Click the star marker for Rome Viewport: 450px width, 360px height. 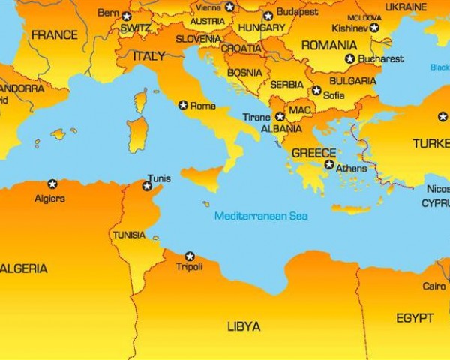pos(183,105)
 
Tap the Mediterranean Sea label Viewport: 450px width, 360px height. pos(261,216)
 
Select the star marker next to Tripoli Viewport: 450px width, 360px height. pos(190,256)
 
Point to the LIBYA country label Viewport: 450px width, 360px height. pos(244,326)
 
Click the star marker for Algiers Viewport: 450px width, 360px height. pos(52,184)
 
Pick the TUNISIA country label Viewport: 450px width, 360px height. pos(129,235)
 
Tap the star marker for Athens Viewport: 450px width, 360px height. pos(329,164)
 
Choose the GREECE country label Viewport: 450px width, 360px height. pos(313,153)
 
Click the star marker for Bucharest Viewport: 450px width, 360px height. pos(349,58)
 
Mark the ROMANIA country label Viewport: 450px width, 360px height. pos(329,45)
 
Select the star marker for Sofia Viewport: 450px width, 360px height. pos(316,91)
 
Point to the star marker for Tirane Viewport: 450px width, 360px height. pos(280,116)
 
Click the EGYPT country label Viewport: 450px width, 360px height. pos(415,317)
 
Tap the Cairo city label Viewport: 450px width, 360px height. pos(433,286)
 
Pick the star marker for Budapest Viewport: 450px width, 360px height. pos(268,16)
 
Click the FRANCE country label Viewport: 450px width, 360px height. pos(54,34)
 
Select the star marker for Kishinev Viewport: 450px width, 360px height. pos(374,28)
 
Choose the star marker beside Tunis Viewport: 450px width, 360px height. pos(147,185)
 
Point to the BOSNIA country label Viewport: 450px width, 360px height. pos(244,73)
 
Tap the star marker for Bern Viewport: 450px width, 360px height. pos(126,16)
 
